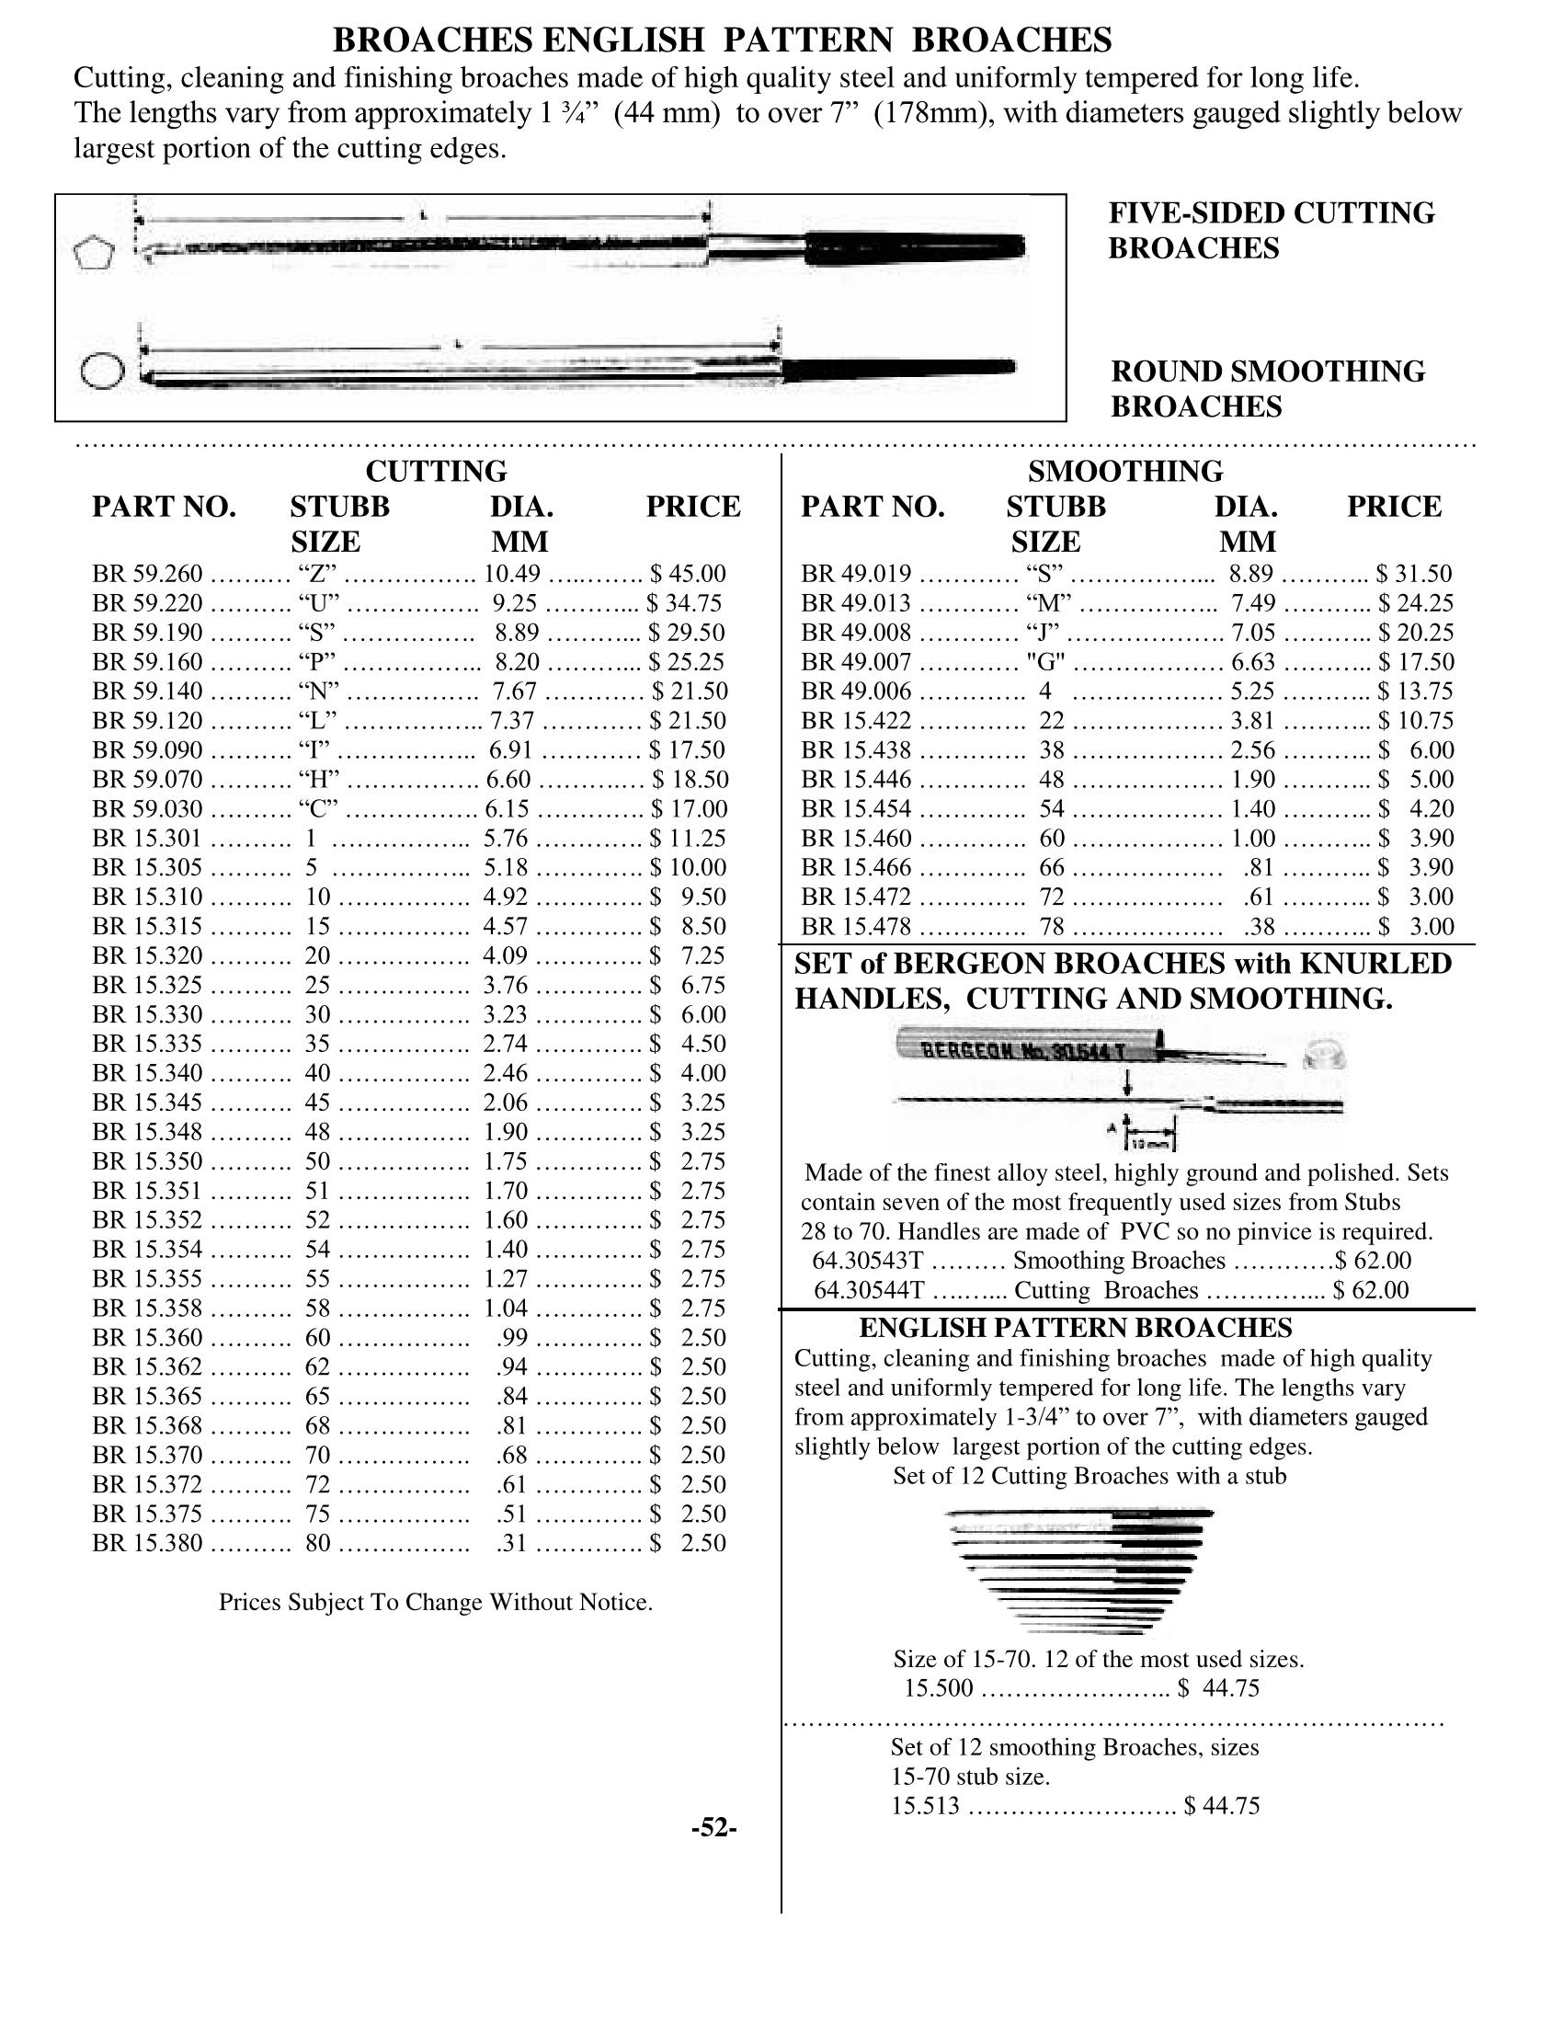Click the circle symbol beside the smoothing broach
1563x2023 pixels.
[x=102, y=371]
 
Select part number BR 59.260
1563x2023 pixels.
[x=147, y=575]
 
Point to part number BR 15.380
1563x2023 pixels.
[x=147, y=1543]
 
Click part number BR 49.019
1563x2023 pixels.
[x=857, y=575]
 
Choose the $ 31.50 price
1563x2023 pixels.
[x=1414, y=575]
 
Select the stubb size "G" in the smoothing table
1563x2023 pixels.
[x=1045, y=662]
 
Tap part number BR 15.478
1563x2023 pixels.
[x=857, y=926]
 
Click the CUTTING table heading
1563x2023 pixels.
[x=436, y=472]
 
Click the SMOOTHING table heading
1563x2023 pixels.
[x=1125, y=472]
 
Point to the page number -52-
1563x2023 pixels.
[x=713, y=1826]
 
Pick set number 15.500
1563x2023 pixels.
[x=939, y=1688]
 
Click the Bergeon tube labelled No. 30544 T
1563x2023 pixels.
[x=1028, y=1049]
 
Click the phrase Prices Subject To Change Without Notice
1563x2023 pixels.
[x=435, y=1603]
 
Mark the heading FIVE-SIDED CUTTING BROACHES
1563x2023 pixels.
[x=1272, y=231]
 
